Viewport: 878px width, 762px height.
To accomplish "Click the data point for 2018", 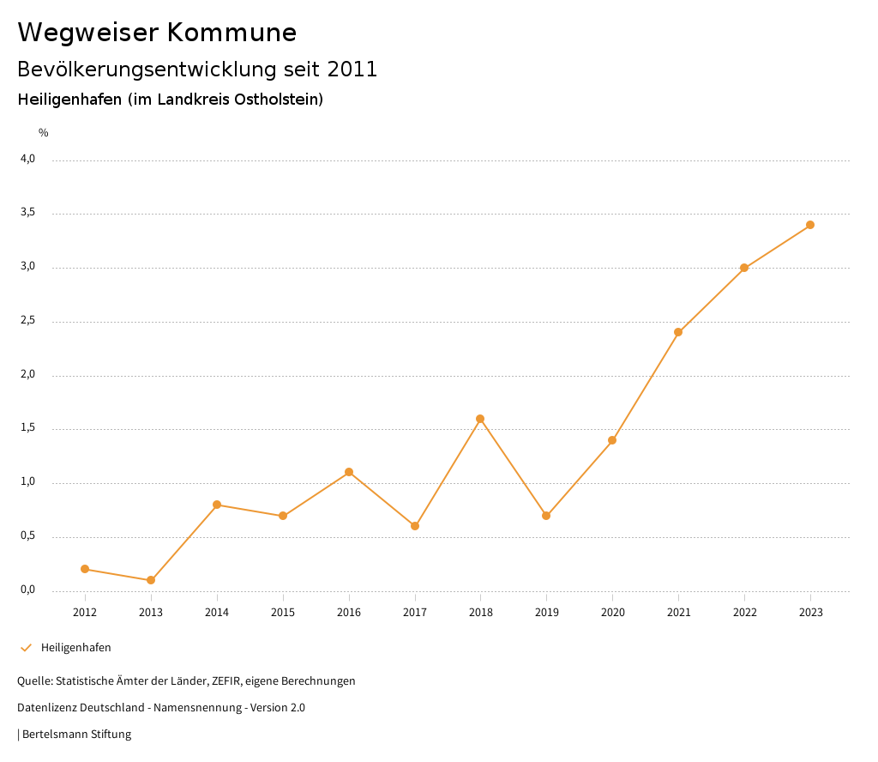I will point(480,419).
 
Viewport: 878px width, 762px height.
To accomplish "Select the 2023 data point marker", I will point(810,225).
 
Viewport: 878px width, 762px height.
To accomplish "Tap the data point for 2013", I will point(151,580).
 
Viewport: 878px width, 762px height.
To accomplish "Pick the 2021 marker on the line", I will point(678,332).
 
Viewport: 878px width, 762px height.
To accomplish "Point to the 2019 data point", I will point(546,516).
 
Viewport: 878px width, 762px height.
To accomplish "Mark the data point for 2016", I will point(349,472).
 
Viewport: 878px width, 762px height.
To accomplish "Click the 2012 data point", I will point(85,569).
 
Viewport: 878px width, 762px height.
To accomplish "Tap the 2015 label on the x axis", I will point(283,612).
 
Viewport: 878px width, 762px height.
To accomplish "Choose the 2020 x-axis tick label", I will point(612,612).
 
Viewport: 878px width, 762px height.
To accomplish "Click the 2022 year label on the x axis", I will point(744,612).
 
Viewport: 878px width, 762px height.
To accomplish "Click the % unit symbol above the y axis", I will point(44,132).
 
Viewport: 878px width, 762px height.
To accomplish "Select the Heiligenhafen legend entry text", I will point(76,647).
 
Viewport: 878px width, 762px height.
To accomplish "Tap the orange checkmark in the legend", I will point(26,647).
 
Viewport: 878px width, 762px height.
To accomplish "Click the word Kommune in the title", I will point(232,32).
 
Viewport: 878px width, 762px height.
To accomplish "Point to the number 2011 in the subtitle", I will point(352,70).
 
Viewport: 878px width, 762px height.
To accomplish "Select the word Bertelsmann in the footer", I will point(54,734).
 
